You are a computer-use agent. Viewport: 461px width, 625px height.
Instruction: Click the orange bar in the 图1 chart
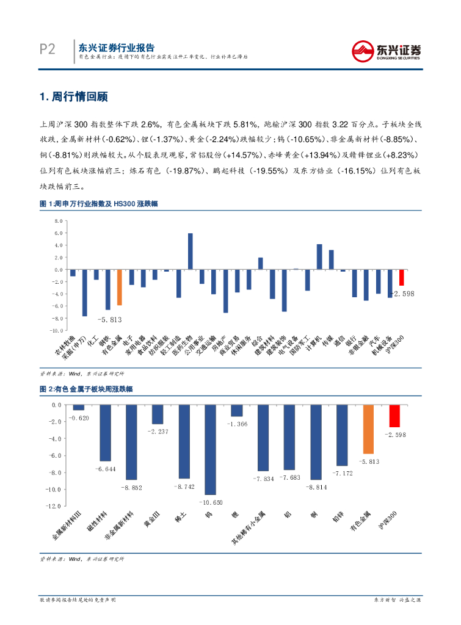pos(120,287)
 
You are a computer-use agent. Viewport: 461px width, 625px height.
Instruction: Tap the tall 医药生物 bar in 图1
pos(191,251)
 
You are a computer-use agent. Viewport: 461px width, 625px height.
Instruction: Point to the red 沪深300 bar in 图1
pos(401,277)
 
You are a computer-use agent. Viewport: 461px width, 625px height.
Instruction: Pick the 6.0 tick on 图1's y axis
pos(59,233)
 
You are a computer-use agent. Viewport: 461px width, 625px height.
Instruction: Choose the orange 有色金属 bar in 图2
pos(368,430)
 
